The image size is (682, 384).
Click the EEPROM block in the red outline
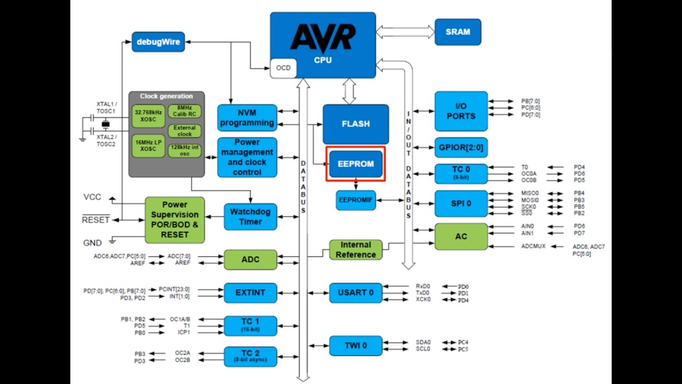(x=355, y=164)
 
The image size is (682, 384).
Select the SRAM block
(x=458, y=32)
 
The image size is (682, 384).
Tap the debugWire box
(x=158, y=42)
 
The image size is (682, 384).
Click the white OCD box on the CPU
(x=283, y=68)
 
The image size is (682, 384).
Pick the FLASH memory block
(x=355, y=124)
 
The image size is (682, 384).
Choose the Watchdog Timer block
(x=250, y=217)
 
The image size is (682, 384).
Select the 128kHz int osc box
(x=185, y=150)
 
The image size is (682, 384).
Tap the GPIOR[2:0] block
(x=461, y=148)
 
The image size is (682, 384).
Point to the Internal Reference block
(x=355, y=250)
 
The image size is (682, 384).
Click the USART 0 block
(x=355, y=293)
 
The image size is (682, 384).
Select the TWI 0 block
(x=355, y=346)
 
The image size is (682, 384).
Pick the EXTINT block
(x=250, y=293)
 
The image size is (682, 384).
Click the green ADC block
(x=250, y=260)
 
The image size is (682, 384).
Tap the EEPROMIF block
(x=355, y=200)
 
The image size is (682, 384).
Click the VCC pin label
(x=92, y=197)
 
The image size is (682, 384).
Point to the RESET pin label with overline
(x=96, y=220)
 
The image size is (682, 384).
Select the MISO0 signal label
(x=530, y=193)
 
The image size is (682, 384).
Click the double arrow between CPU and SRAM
(x=405, y=32)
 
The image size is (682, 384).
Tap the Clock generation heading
(x=166, y=96)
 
